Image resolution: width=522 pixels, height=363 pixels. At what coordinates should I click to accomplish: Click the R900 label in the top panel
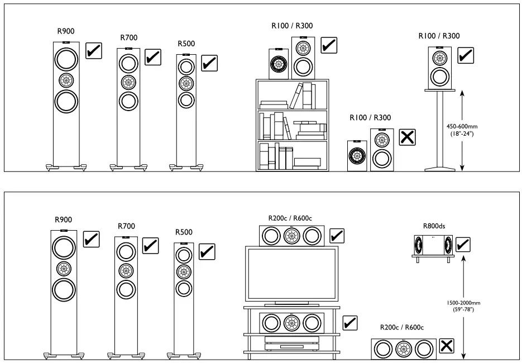(x=65, y=31)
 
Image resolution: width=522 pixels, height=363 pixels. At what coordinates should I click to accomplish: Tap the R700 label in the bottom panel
(x=127, y=226)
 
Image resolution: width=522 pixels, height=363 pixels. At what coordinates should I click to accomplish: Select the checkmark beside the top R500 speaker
(x=209, y=63)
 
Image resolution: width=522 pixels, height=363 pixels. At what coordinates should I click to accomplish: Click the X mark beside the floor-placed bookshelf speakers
(x=408, y=137)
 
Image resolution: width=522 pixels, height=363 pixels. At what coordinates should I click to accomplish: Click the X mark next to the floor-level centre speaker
(x=446, y=346)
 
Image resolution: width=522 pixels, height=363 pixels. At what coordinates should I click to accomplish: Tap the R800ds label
(x=433, y=226)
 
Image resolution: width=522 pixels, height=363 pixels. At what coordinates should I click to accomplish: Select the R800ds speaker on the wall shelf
(x=433, y=245)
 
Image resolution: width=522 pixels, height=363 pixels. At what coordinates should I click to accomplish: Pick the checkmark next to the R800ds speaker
(x=463, y=244)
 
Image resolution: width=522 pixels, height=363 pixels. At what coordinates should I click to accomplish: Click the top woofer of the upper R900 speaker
(x=66, y=59)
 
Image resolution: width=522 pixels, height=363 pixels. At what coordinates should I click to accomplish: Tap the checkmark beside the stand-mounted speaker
(x=465, y=55)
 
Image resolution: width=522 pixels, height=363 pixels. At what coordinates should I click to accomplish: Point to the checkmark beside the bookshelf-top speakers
(x=328, y=45)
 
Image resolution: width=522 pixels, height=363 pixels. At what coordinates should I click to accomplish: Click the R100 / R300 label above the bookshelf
(x=292, y=25)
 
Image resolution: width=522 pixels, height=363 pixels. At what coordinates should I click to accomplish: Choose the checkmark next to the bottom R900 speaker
(x=91, y=239)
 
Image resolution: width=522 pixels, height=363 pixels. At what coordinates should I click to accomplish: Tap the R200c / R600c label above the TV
(x=290, y=218)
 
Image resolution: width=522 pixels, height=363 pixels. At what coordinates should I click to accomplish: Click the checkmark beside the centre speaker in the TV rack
(x=349, y=322)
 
